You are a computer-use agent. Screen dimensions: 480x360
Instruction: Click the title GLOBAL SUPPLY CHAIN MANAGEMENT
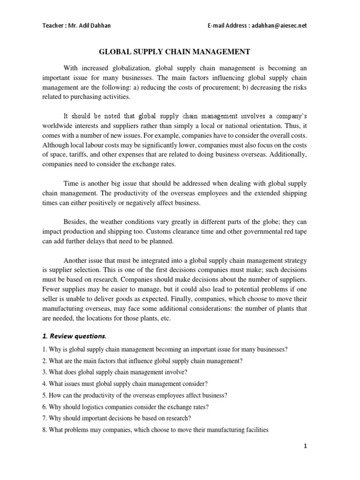click(180, 52)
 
